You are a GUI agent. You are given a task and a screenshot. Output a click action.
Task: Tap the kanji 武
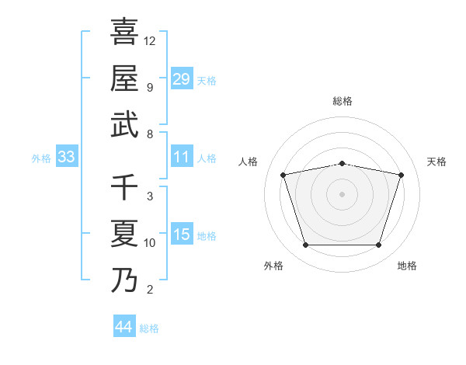pyautogui.click(x=124, y=124)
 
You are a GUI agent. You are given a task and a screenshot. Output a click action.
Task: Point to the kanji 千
pyautogui.click(x=124, y=186)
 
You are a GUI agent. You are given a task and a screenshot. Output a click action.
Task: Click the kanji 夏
pyautogui.click(x=124, y=234)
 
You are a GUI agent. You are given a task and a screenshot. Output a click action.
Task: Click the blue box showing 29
pyautogui.click(x=182, y=78)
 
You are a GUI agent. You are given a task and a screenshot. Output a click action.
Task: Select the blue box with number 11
pyautogui.click(x=182, y=157)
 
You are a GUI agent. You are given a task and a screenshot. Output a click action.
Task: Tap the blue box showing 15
pyautogui.click(x=182, y=235)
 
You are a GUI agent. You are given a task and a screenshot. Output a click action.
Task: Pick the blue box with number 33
pyautogui.click(x=66, y=157)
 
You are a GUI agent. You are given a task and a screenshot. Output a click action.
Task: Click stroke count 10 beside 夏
pyautogui.click(x=150, y=243)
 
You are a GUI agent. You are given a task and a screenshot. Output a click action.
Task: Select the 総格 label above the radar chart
pyautogui.click(x=343, y=101)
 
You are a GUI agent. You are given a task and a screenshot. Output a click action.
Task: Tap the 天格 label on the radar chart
pyautogui.click(x=436, y=162)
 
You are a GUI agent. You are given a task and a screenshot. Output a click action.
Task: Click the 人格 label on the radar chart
pyautogui.click(x=249, y=162)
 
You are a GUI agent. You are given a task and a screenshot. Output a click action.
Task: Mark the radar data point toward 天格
pyautogui.click(x=402, y=175)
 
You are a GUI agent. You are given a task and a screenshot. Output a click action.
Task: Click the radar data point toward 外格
pyautogui.click(x=305, y=245)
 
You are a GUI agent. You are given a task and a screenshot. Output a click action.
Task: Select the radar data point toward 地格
pyautogui.click(x=379, y=245)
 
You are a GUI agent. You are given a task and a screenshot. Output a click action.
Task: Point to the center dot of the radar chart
pyautogui.click(x=343, y=194)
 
